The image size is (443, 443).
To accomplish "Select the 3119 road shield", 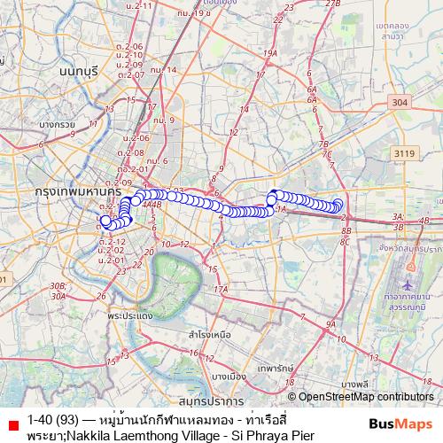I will tap(403, 154).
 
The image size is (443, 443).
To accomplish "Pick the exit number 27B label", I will tap(332, 4).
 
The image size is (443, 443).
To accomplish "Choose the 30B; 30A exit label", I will tap(58, 291).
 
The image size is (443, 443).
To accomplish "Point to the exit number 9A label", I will tap(330, 325).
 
